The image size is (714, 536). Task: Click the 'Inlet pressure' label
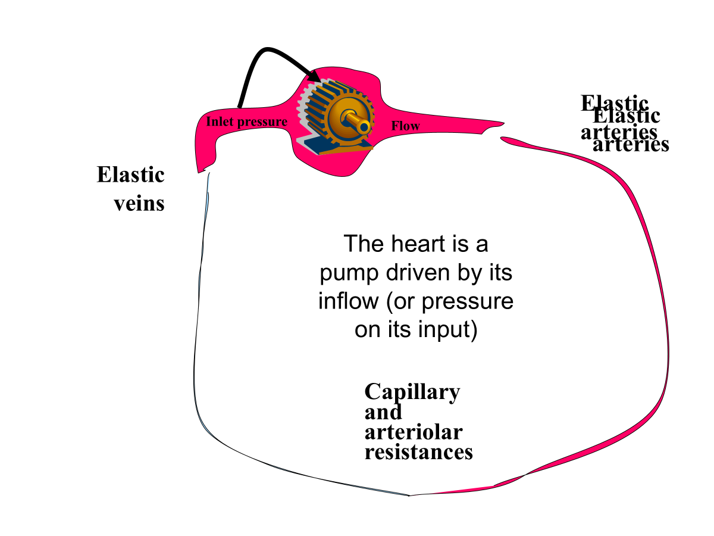click(246, 122)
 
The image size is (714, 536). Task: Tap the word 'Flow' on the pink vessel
click(405, 126)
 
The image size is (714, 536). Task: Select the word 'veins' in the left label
click(139, 203)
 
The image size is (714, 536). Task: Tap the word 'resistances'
click(418, 451)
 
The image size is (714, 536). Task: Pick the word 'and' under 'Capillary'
click(383, 412)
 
